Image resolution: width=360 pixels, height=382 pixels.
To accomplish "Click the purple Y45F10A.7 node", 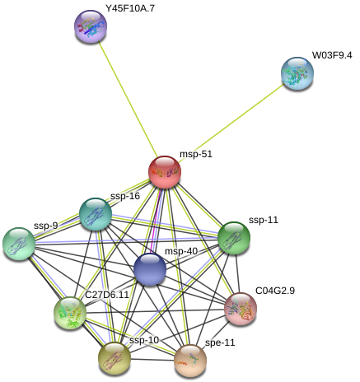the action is [91, 26].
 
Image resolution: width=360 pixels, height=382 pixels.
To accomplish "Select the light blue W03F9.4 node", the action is [297, 73].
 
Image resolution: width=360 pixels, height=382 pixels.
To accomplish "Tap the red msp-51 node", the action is [165, 172].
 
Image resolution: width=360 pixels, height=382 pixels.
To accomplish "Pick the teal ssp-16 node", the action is [96, 214].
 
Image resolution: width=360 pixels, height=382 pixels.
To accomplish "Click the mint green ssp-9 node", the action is [19, 244].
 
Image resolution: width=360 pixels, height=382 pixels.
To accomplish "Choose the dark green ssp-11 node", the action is [234, 238].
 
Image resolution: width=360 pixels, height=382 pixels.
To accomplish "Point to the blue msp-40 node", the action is [150, 269].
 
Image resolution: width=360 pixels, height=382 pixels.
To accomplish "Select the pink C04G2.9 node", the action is [241, 309].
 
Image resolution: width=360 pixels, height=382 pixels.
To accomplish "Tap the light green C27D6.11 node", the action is [70, 313].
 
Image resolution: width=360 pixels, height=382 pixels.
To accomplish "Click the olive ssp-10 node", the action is [115, 358].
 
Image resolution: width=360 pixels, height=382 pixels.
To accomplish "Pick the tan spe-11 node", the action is [190, 361].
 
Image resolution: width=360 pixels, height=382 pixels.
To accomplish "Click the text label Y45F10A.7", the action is [130, 8].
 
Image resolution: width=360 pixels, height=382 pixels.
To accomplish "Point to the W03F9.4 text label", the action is [332, 55].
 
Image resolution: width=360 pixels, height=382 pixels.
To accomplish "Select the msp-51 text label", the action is [196, 154].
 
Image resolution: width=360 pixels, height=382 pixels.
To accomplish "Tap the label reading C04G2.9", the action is [275, 291].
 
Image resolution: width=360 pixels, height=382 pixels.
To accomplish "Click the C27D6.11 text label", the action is [107, 295].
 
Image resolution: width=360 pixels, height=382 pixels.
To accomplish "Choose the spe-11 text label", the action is [220, 342].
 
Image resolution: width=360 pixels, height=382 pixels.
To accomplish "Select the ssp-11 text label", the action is [264, 220].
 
